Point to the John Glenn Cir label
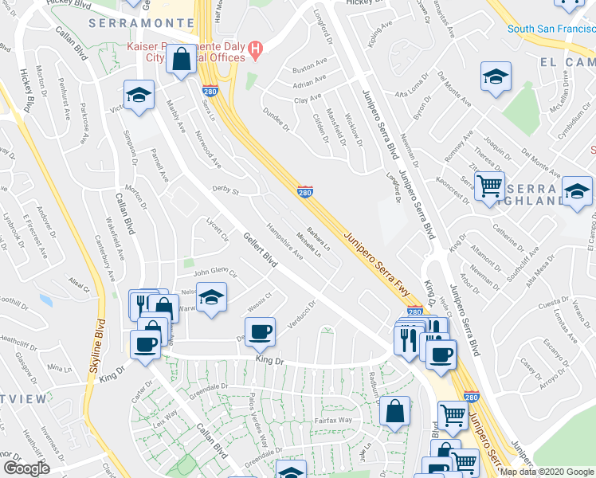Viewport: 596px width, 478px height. [211, 272]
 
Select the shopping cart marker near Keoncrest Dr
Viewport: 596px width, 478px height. [489, 186]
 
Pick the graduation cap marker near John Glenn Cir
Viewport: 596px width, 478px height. [210, 298]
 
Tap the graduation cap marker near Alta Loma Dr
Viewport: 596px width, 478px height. [496, 76]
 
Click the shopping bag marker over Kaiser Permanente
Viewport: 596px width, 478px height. [182, 58]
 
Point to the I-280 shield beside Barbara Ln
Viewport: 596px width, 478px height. [305, 191]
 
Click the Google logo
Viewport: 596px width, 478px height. [26, 468]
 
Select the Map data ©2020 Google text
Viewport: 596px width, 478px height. [547, 472]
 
